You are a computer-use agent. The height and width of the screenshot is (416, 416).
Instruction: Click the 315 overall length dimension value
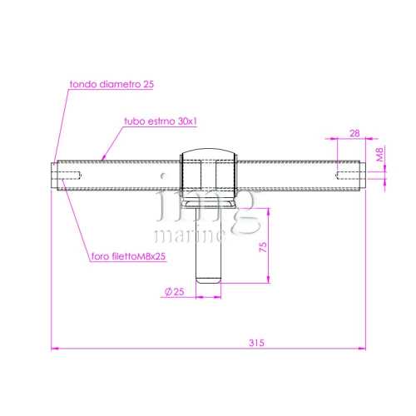pyautogui.click(x=256, y=343)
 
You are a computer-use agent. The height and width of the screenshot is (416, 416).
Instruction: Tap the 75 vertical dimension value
pyautogui.click(x=263, y=247)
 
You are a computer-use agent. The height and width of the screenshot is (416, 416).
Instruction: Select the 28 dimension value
pyautogui.click(x=354, y=133)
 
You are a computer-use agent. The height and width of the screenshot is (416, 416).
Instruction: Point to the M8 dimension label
pyautogui.click(x=379, y=154)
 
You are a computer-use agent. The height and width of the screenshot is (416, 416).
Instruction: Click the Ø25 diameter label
pyautogui.click(x=175, y=291)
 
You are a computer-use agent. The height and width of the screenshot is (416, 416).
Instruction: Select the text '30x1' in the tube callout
pyautogui.click(x=187, y=121)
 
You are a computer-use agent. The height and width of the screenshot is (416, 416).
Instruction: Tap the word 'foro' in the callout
pyautogui.click(x=101, y=256)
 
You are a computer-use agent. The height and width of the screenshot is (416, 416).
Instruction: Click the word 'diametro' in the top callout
pyautogui.click(x=120, y=84)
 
